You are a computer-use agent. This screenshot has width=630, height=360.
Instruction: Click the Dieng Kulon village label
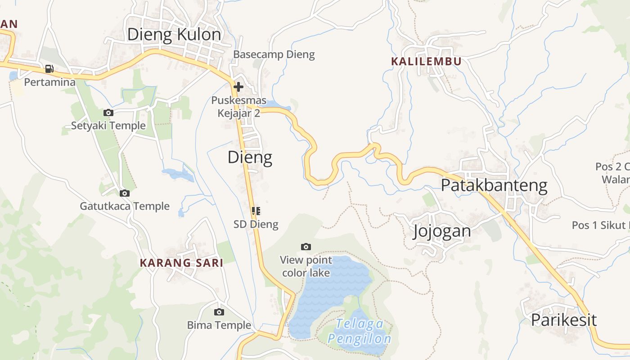click(x=174, y=35)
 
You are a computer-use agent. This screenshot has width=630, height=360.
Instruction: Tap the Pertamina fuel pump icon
click(x=49, y=69)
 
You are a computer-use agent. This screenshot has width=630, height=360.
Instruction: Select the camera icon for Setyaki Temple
click(x=108, y=112)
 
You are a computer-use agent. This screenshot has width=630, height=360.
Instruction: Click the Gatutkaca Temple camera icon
click(x=125, y=193)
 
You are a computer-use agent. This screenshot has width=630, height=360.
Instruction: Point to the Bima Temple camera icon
click(x=219, y=312)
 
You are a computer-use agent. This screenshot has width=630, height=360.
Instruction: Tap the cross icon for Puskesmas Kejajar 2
click(x=238, y=86)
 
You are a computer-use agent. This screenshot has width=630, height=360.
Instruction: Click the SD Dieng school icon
click(x=256, y=211)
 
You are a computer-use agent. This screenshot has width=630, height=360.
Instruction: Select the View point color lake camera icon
click(x=306, y=247)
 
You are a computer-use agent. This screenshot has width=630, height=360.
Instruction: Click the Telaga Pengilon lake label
click(x=360, y=331)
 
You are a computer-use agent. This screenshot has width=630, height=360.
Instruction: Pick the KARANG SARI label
click(x=181, y=263)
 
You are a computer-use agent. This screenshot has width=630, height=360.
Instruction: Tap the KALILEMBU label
click(x=426, y=62)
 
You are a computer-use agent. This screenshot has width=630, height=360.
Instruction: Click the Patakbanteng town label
click(x=494, y=185)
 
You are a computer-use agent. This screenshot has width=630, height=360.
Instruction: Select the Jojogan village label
click(x=441, y=231)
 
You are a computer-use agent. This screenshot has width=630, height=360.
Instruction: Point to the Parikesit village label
click(x=563, y=320)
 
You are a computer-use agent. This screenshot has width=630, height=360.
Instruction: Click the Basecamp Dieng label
click(x=274, y=55)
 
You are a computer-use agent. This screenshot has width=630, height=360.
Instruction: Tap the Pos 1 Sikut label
click(x=600, y=225)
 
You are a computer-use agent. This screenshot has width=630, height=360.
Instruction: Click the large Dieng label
click(x=250, y=157)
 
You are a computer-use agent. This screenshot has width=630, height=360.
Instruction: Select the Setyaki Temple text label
click(x=108, y=126)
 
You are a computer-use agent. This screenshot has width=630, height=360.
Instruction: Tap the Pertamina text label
click(x=49, y=82)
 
